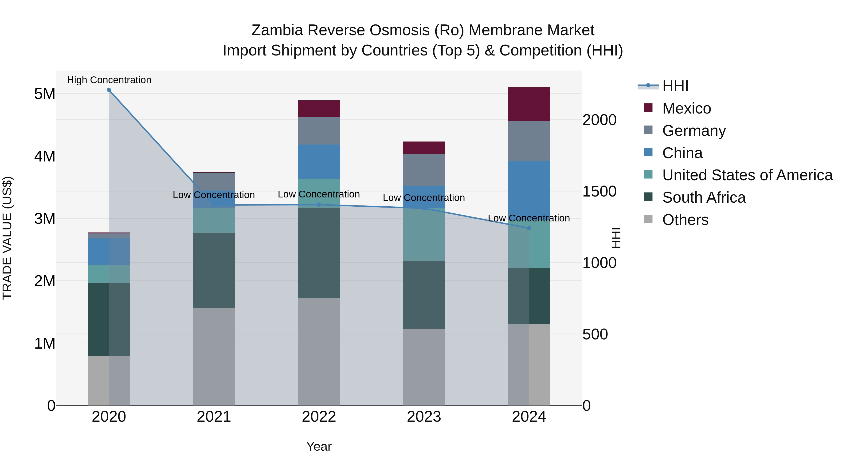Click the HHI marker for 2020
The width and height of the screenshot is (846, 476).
pos(109,90)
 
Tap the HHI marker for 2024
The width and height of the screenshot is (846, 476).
pos(529,228)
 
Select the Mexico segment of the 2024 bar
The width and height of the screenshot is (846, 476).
pos(529,104)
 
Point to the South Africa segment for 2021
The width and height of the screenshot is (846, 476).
pos(214,270)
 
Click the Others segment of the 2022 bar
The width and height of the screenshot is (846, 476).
pos(319,351)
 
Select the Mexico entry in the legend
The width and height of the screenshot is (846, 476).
pos(686,108)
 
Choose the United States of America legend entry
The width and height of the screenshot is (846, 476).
pos(747,175)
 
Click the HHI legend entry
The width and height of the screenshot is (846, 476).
pos(675,86)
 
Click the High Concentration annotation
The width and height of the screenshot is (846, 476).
pos(109,80)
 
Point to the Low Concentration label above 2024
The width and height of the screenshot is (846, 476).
pos(529,218)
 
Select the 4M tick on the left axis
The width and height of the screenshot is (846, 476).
pos(45,156)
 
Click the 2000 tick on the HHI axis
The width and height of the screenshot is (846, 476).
pos(599,120)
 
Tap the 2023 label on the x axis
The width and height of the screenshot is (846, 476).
pos(424,417)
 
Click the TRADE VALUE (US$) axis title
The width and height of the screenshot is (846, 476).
pos(7,238)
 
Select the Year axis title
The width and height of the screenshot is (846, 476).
pos(319,446)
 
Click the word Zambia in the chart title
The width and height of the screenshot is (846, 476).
pos(277,30)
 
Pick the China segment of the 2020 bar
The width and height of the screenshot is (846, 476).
pos(109,252)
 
